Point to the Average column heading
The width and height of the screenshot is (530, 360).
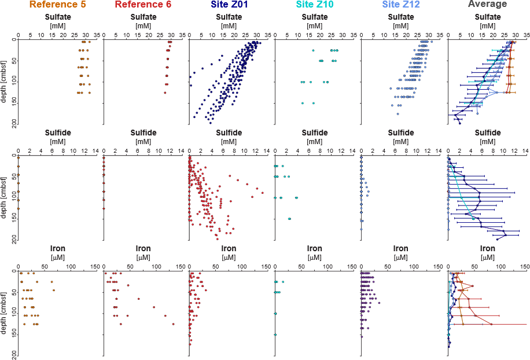[487, 5]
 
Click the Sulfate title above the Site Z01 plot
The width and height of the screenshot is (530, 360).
[229, 17]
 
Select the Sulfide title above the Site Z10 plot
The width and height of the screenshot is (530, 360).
[314, 133]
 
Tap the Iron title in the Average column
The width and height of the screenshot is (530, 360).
[487, 248]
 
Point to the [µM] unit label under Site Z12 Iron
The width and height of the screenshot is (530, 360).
[400, 257]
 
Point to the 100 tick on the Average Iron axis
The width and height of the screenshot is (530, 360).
[500, 266]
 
